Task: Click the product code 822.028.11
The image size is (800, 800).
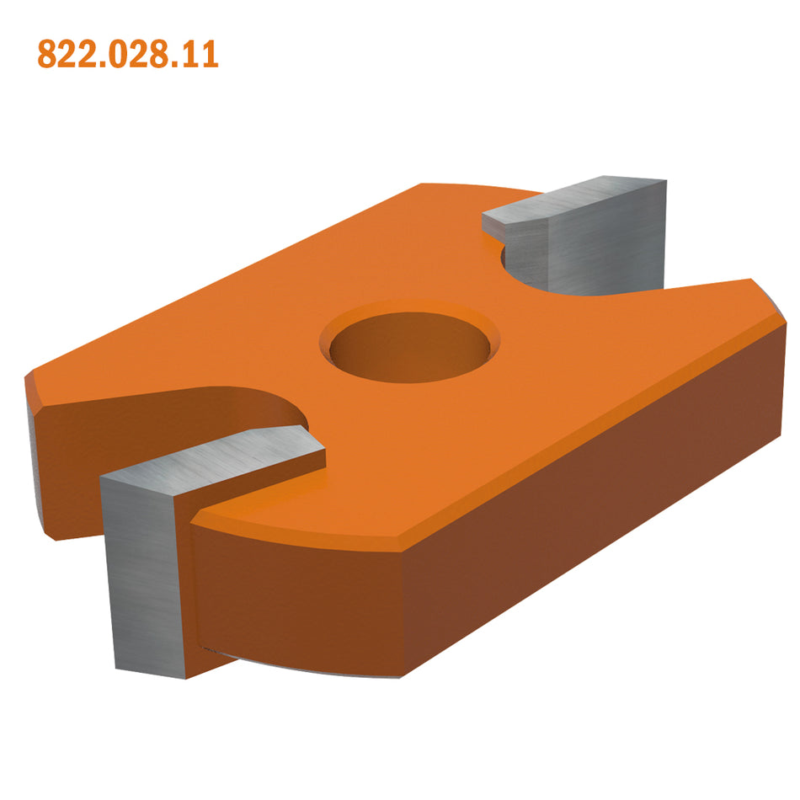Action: point(128,55)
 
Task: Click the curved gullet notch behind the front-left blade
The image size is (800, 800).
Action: point(253,404)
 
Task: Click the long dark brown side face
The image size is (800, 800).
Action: point(589,497)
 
